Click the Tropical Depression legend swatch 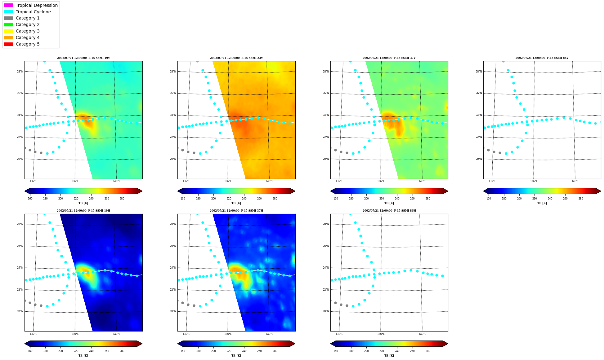(8, 5)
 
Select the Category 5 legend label (28, 44)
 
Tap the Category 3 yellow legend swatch (8, 31)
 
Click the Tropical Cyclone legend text (33, 12)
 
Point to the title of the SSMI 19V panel (83, 58)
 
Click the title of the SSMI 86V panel (542, 58)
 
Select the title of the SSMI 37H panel (236, 211)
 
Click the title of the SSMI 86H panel (389, 211)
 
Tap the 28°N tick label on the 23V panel (173, 72)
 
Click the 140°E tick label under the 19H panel (117, 334)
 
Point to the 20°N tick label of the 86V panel (479, 159)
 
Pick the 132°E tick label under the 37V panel (339, 181)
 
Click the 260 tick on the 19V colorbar (107, 199)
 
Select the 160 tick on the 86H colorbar (336, 351)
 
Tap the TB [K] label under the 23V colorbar (236, 203)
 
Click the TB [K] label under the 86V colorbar (542, 203)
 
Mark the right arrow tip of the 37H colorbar (295, 344)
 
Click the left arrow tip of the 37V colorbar (331, 191)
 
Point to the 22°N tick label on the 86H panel (326, 290)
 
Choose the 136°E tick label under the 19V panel (75, 181)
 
